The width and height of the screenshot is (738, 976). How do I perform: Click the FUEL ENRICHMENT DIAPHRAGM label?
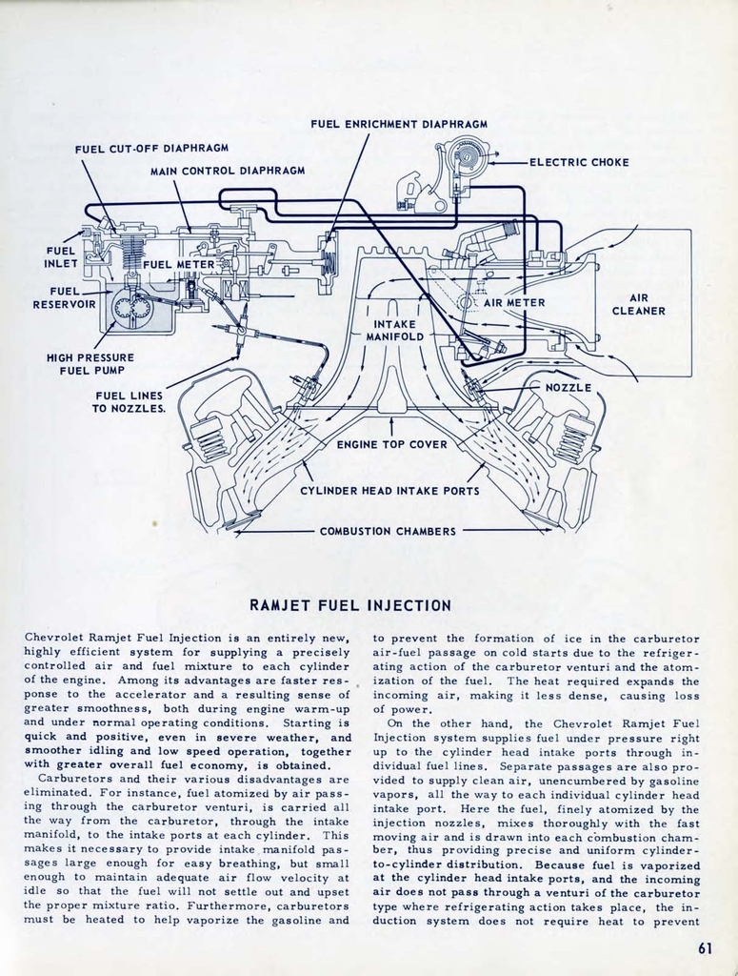[399, 124]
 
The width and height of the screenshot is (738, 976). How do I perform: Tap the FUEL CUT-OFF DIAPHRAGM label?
[150, 149]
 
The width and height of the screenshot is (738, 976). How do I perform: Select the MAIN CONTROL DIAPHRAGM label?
[228, 171]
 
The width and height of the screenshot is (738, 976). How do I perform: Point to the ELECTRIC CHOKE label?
[579, 162]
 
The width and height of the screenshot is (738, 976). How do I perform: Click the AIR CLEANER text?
[638, 304]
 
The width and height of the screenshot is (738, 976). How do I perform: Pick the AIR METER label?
[514, 302]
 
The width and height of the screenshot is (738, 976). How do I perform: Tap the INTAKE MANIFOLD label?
[394, 330]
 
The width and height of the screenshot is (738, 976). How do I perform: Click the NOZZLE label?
[568, 387]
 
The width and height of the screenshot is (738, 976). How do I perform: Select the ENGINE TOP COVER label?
[391, 444]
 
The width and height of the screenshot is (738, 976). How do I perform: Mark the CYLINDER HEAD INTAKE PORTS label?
[389, 491]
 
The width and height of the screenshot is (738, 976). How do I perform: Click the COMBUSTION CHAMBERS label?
[388, 531]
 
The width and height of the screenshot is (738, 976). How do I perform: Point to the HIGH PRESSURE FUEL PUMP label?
[90, 364]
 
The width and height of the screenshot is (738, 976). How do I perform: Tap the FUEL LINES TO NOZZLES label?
[129, 402]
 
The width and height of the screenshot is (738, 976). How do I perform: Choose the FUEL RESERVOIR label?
[64, 297]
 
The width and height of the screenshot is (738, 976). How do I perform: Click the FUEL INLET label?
[60, 257]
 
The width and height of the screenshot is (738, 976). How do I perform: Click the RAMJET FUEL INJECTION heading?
[349, 605]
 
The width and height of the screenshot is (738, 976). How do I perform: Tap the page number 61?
[705, 947]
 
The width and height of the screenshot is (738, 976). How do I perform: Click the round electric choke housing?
[466, 154]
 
